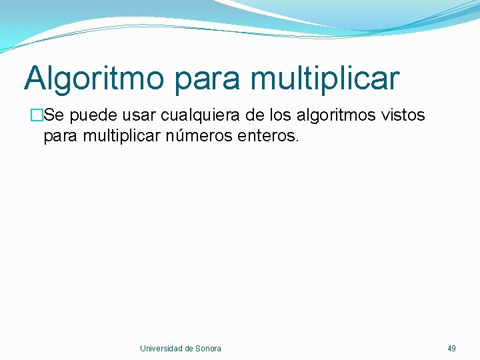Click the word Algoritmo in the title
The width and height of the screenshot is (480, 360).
click(x=94, y=79)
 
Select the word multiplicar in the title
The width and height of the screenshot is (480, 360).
click(x=325, y=79)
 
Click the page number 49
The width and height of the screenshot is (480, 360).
click(x=452, y=349)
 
